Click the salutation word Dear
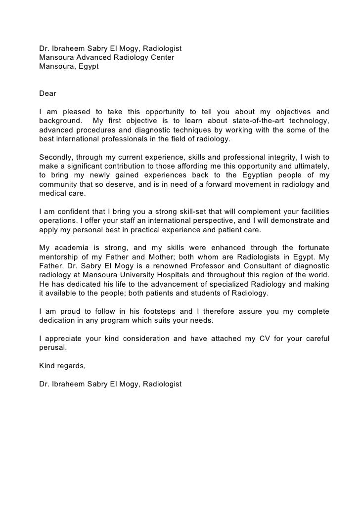[x=48, y=93]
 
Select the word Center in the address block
[x=161, y=57]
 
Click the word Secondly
[x=56, y=157]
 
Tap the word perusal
[x=52, y=347]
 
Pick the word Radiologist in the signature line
[x=162, y=384]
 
